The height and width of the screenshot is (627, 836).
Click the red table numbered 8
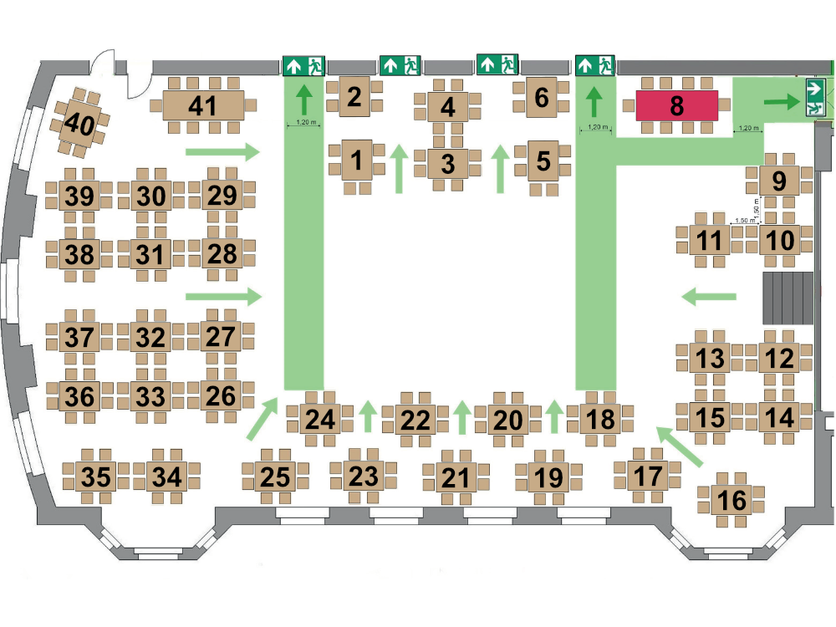[676, 105]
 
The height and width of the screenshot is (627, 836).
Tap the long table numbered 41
[203, 105]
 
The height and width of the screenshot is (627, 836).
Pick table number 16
[731, 500]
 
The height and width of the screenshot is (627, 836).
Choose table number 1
[356, 160]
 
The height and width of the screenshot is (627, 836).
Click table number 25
[275, 477]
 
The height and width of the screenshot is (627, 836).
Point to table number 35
[96, 477]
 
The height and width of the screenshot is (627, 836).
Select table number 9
[778, 181]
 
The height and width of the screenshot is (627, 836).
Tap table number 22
[415, 420]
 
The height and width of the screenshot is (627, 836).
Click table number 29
[222, 195]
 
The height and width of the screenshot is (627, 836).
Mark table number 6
[542, 97]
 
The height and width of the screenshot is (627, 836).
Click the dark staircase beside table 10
[788, 298]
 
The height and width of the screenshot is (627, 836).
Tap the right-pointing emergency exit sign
[815, 98]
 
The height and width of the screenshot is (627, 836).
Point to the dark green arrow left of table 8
[594, 101]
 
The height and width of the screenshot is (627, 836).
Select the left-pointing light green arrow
[709, 297]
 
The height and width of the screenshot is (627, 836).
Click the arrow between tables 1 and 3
[398, 169]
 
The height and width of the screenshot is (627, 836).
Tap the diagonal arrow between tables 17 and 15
[679, 446]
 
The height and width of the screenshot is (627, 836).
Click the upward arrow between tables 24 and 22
[367, 416]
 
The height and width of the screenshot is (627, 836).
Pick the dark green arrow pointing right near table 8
[782, 101]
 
